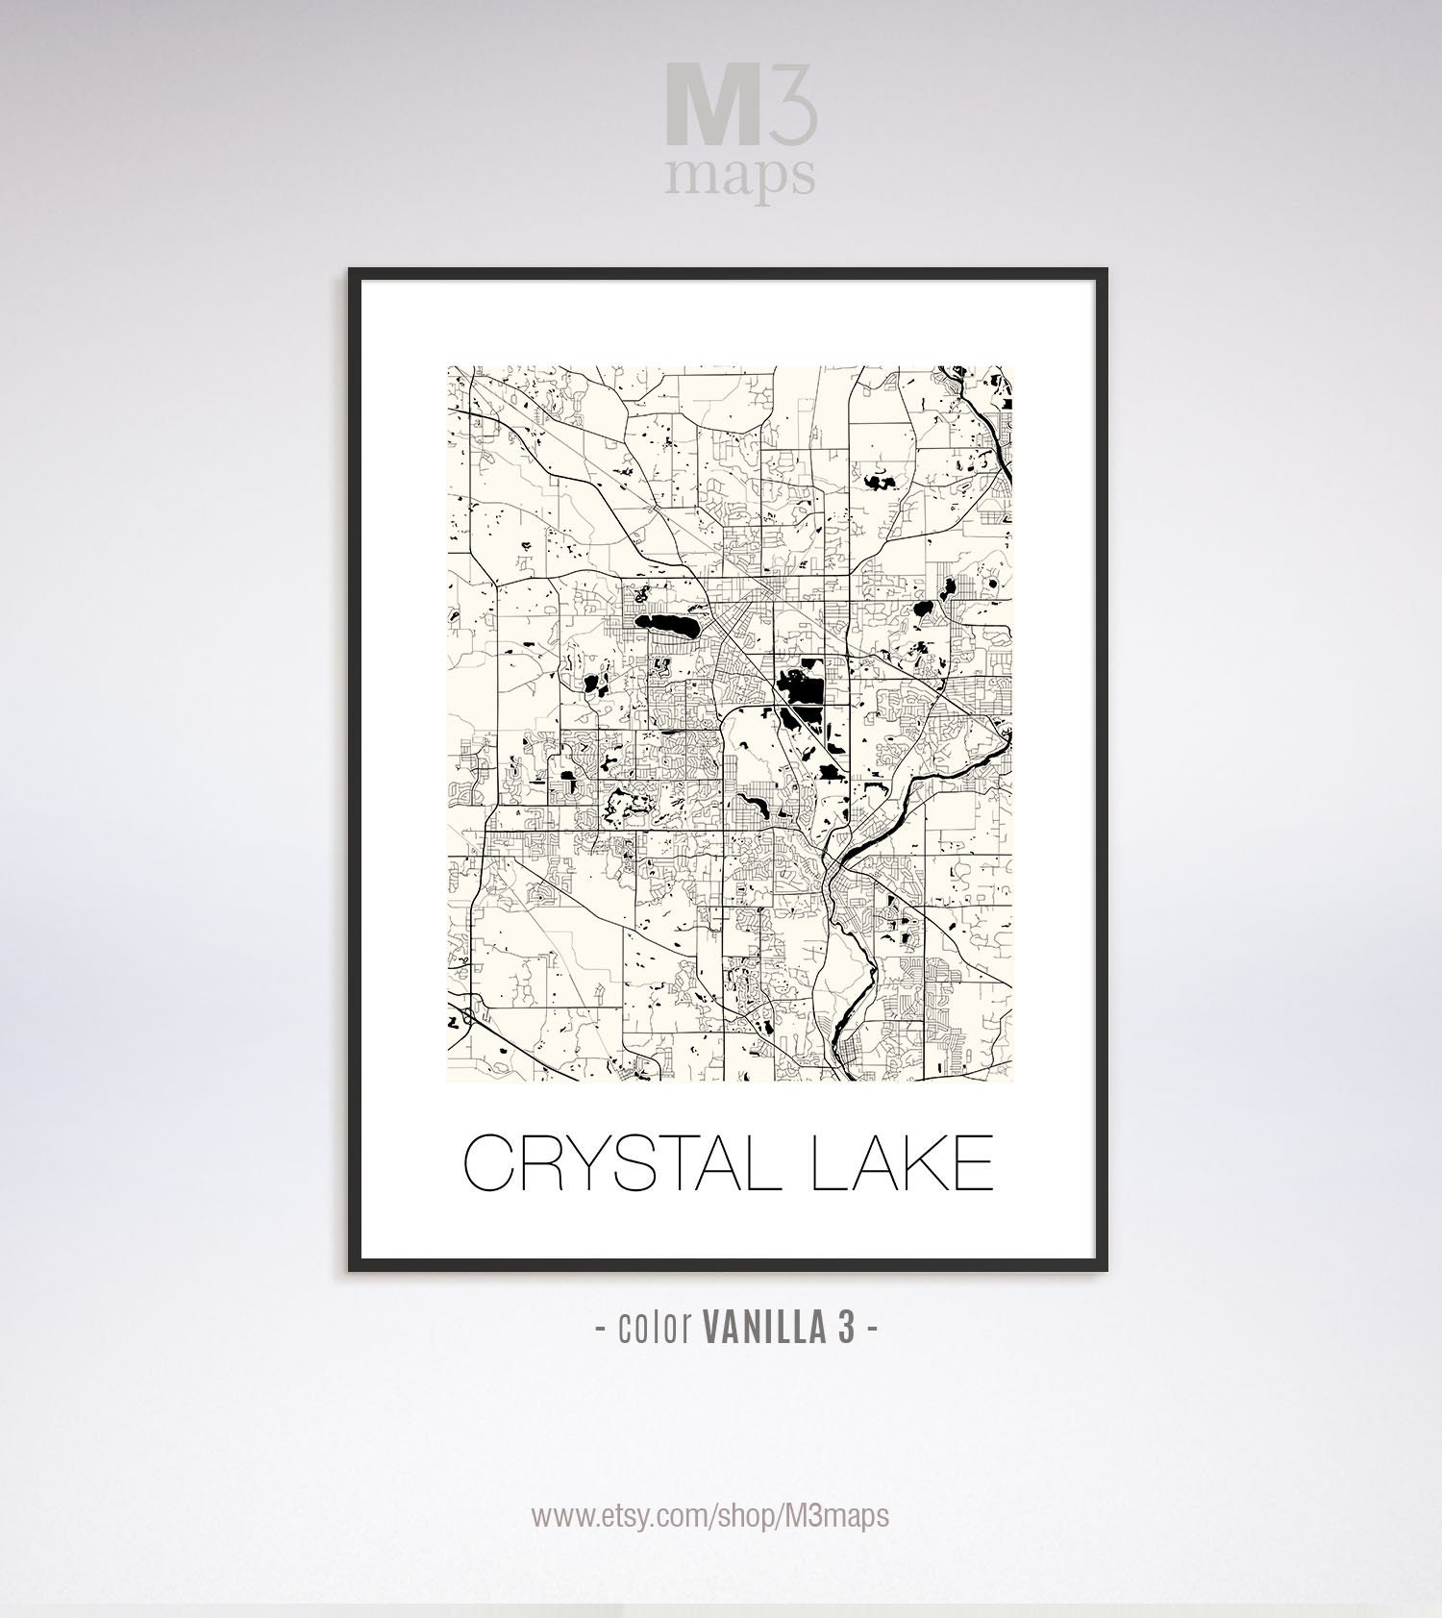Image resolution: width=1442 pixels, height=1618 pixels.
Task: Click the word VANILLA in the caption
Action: tap(766, 1330)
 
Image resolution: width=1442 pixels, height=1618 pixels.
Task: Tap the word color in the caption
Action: tap(658, 1330)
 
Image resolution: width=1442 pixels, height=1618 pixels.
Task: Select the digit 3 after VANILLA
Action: tap(845, 1330)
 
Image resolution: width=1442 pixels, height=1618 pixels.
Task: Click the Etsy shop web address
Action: tap(710, 1516)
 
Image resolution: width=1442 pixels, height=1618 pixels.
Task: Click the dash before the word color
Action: tap(600, 1330)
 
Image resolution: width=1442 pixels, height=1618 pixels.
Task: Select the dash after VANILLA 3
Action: tap(872, 1330)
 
